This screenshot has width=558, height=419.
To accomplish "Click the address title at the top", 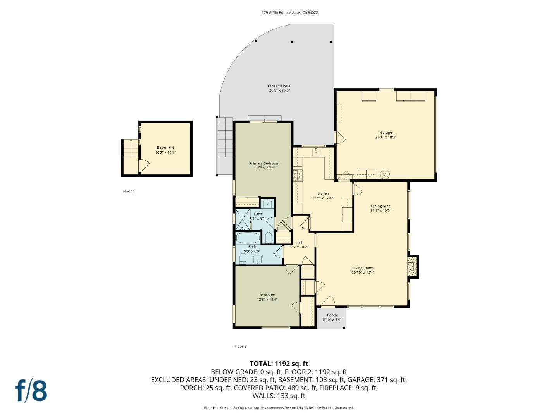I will coord(289,12).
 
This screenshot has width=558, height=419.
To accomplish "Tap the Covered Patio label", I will coord(279,86).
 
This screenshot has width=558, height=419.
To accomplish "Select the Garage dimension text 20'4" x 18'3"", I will coord(386,137).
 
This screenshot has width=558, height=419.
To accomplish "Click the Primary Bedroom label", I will coord(264,163).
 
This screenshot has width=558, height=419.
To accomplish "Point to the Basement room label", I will coord(165,147).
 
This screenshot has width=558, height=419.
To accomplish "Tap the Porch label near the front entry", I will coord(332,315).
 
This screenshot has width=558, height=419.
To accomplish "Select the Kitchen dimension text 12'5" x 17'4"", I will coord(322,198).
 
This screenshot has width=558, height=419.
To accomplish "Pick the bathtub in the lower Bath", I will coord(248,237).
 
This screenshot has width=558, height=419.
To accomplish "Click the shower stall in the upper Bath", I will coord(243,219).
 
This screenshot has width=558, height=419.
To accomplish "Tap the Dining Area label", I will coord(381,206).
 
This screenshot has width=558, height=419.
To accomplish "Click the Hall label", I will coord(299,242).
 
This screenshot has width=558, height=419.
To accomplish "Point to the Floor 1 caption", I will coord(129,191).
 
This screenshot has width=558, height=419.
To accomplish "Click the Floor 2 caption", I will coord(240,346).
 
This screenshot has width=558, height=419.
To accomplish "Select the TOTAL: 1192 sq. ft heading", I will coord(279,364).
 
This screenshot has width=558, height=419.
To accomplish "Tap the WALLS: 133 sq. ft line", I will coord(279,396).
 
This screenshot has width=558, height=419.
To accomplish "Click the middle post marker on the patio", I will coord(292,42).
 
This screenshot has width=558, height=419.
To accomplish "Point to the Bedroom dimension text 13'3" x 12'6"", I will coord(267,300).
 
